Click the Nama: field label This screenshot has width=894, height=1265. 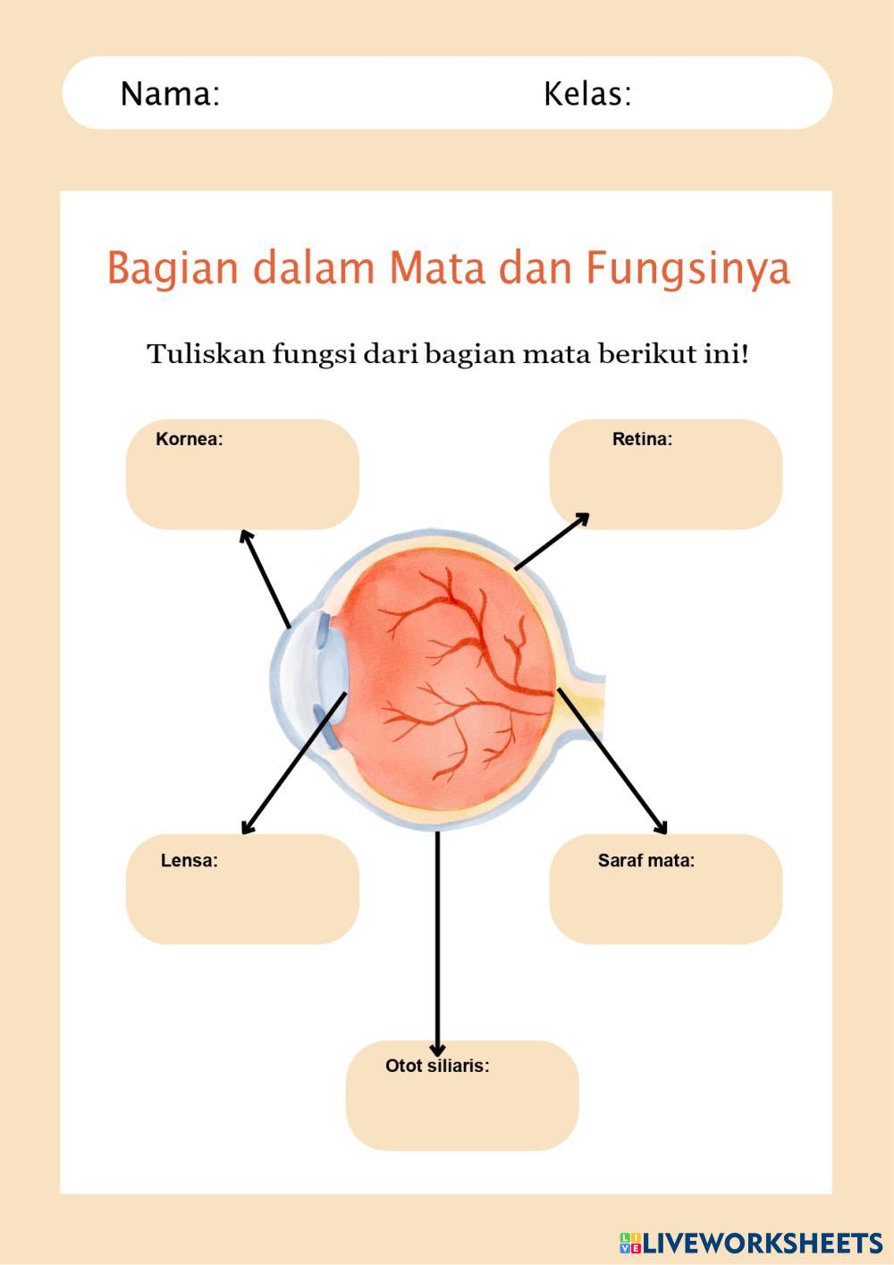point(170,94)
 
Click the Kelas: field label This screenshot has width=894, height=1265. point(587,94)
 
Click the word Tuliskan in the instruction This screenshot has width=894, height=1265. point(207,354)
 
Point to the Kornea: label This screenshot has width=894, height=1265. point(190,439)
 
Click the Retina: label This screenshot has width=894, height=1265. point(642,439)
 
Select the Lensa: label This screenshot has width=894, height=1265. point(190,861)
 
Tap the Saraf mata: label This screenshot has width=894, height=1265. point(646,861)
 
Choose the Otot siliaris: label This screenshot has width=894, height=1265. point(437,1066)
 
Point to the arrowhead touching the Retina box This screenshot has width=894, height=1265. point(582,518)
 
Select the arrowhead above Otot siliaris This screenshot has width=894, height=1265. point(437,1050)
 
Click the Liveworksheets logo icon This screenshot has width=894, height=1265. point(629,1243)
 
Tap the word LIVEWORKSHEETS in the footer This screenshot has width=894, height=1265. point(763,1243)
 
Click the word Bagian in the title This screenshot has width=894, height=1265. point(173,268)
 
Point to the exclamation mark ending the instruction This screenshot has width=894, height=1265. point(744,354)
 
